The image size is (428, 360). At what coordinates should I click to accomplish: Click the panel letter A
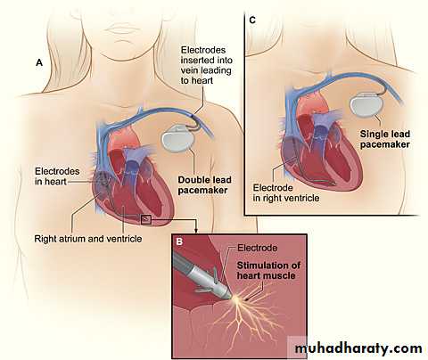click(x=39, y=63)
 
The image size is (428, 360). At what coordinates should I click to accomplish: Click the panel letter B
click(x=179, y=241)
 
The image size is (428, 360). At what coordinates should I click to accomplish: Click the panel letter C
click(x=252, y=20)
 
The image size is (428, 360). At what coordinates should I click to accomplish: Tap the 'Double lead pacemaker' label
click(x=204, y=185)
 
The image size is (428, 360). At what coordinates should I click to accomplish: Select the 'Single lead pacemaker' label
click(x=385, y=139)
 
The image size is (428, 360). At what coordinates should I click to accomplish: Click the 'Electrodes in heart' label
click(x=57, y=176)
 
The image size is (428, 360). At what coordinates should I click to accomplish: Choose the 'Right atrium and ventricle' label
click(x=88, y=239)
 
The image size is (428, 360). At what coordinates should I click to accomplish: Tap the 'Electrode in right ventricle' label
click(x=286, y=192)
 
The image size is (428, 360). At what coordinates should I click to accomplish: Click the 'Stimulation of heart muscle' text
click(x=268, y=270)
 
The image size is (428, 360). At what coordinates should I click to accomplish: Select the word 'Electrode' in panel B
click(x=258, y=248)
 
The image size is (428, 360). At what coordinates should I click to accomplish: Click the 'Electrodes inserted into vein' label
click(x=207, y=65)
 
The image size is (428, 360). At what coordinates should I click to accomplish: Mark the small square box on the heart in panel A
click(x=146, y=219)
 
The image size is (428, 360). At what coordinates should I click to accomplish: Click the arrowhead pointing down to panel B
click(x=196, y=231)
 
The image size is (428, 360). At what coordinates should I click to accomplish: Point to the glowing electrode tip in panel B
click(x=236, y=299)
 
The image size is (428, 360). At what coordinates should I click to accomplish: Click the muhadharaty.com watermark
click(x=358, y=348)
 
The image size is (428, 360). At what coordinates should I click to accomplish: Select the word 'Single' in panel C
click(x=373, y=135)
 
